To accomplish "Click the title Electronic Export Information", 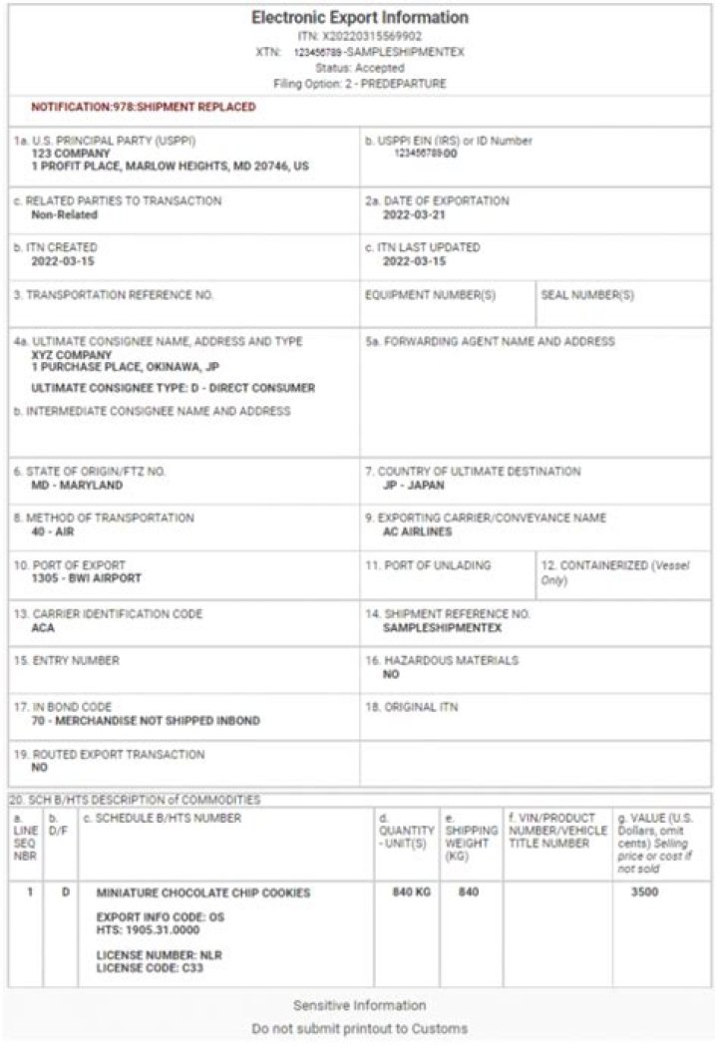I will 359,18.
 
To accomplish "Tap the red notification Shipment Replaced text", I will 143,107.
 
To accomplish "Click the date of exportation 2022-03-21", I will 414,214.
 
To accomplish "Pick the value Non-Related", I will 65,214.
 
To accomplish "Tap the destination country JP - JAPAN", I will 414,486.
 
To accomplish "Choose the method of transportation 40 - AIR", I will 59,532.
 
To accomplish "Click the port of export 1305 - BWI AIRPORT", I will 86,578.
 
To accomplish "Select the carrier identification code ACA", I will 43,628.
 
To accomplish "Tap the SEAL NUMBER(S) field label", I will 587,295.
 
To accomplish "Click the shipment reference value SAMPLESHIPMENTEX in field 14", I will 443,628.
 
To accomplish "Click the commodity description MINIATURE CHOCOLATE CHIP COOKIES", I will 202,892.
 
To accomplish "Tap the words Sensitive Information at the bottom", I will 359,1005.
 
